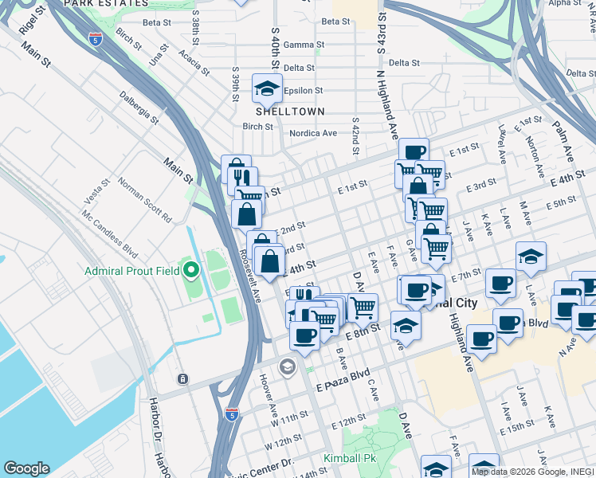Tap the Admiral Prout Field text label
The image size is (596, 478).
[131, 271]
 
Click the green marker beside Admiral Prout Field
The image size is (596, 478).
[190, 271]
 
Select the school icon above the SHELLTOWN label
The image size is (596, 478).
[267, 88]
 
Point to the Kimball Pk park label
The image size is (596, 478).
[348, 459]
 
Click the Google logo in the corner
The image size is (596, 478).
[26, 468]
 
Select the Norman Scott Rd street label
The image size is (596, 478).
[145, 199]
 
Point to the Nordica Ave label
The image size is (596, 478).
[313, 133]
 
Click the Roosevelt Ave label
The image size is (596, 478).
[250, 276]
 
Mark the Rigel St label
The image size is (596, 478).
[29, 24]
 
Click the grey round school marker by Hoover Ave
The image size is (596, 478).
[287, 367]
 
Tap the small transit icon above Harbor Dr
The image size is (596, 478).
[183, 378]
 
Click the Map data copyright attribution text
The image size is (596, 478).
[532, 472]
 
